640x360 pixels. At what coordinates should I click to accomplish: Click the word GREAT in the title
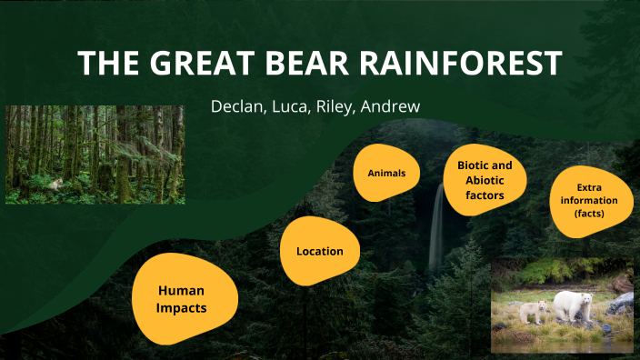[x=191, y=63]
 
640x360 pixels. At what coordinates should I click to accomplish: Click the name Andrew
[x=392, y=106]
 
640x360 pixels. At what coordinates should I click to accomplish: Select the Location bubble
[x=319, y=251]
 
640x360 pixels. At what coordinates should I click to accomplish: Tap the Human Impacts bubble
[x=181, y=299]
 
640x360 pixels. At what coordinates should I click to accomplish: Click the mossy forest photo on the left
[x=95, y=154]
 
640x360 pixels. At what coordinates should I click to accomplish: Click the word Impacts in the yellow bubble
[x=181, y=308]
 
